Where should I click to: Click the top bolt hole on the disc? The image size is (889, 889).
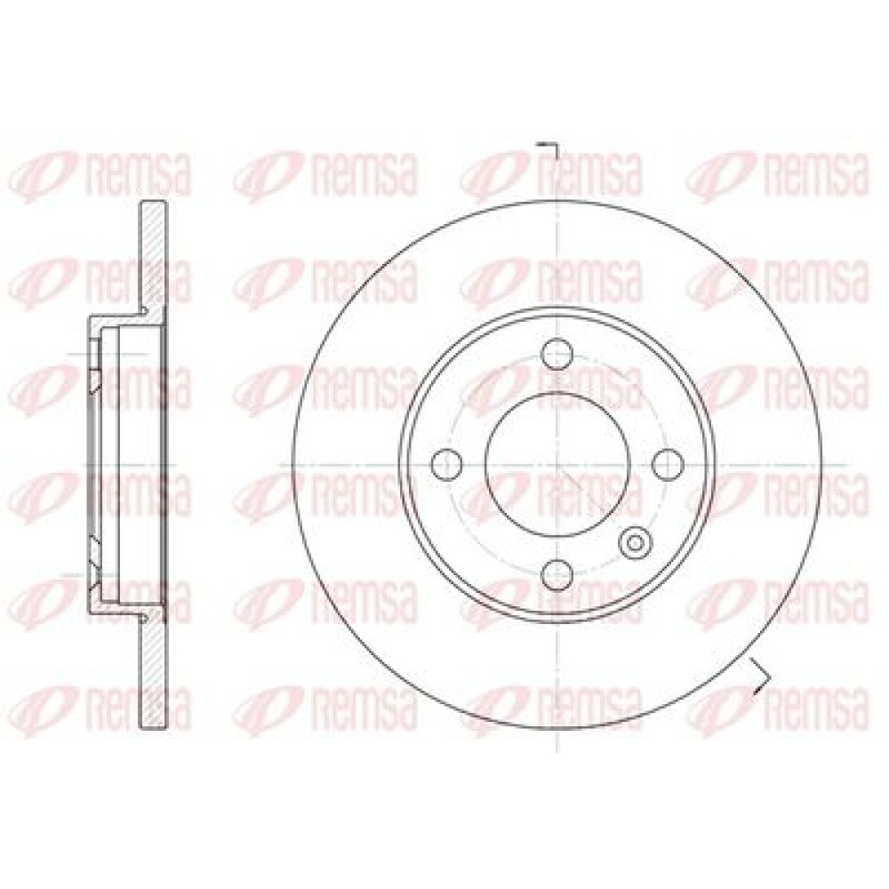pyautogui.click(x=557, y=353)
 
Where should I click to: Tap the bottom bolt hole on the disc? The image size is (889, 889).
pyautogui.click(x=557, y=575)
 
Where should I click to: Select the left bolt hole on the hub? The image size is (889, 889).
pyautogui.click(x=447, y=464)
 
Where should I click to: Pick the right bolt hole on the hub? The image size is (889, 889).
pyautogui.click(x=668, y=464)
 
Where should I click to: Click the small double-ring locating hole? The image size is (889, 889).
pyautogui.click(x=635, y=542)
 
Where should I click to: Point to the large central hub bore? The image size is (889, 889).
pyautogui.click(x=557, y=464)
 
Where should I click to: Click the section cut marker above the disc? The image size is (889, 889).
pyautogui.click(x=549, y=150)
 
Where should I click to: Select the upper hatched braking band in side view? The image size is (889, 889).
pyautogui.click(x=153, y=255)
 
